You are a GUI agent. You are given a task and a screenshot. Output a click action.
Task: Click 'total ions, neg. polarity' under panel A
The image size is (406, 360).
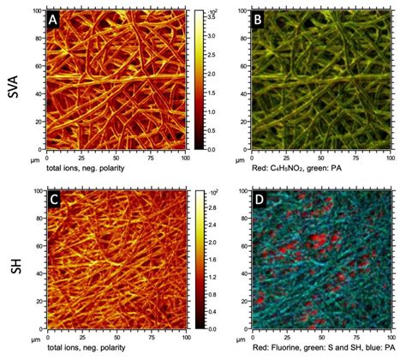(x=90, y=170)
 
